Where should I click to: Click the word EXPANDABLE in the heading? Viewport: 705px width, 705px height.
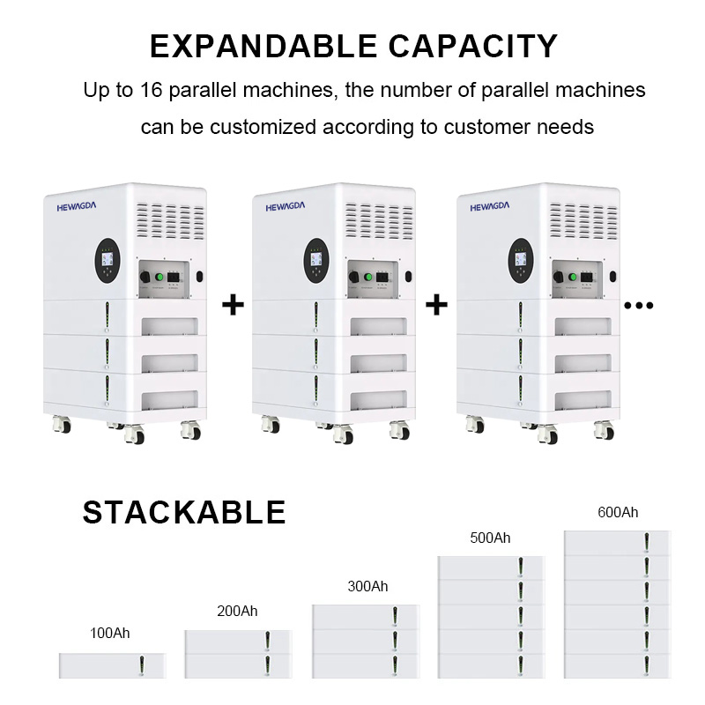[263, 47]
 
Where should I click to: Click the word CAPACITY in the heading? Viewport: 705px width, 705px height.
[473, 47]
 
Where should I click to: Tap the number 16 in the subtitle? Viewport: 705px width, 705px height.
[151, 90]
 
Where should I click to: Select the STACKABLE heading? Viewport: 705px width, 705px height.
[184, 512]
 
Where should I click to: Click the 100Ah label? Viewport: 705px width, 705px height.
[109, 633]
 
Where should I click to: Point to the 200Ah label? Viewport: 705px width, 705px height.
[237, 611]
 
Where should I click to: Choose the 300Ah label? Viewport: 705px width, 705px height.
[367, 586]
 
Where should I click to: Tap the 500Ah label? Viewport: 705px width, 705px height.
[490, 538]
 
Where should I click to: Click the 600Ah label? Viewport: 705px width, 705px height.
[618, 512]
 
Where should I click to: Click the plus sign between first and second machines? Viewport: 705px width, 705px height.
[233, 304]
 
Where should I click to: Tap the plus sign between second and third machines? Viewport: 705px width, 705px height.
[436, 304]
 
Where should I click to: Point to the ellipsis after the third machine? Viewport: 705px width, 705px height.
[638, 306]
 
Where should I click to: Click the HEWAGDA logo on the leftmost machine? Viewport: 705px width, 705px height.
[77, 206]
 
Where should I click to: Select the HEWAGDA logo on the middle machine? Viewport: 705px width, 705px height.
[285, 206]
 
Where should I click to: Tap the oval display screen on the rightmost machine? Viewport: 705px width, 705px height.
[521, 260]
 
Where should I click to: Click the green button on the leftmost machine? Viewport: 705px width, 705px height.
[160, 277]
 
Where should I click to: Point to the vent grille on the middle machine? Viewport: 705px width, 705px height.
[379, 221]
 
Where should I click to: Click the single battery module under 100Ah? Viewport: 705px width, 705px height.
[113, 666]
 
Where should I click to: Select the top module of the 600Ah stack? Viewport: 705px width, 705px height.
[618, 543]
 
